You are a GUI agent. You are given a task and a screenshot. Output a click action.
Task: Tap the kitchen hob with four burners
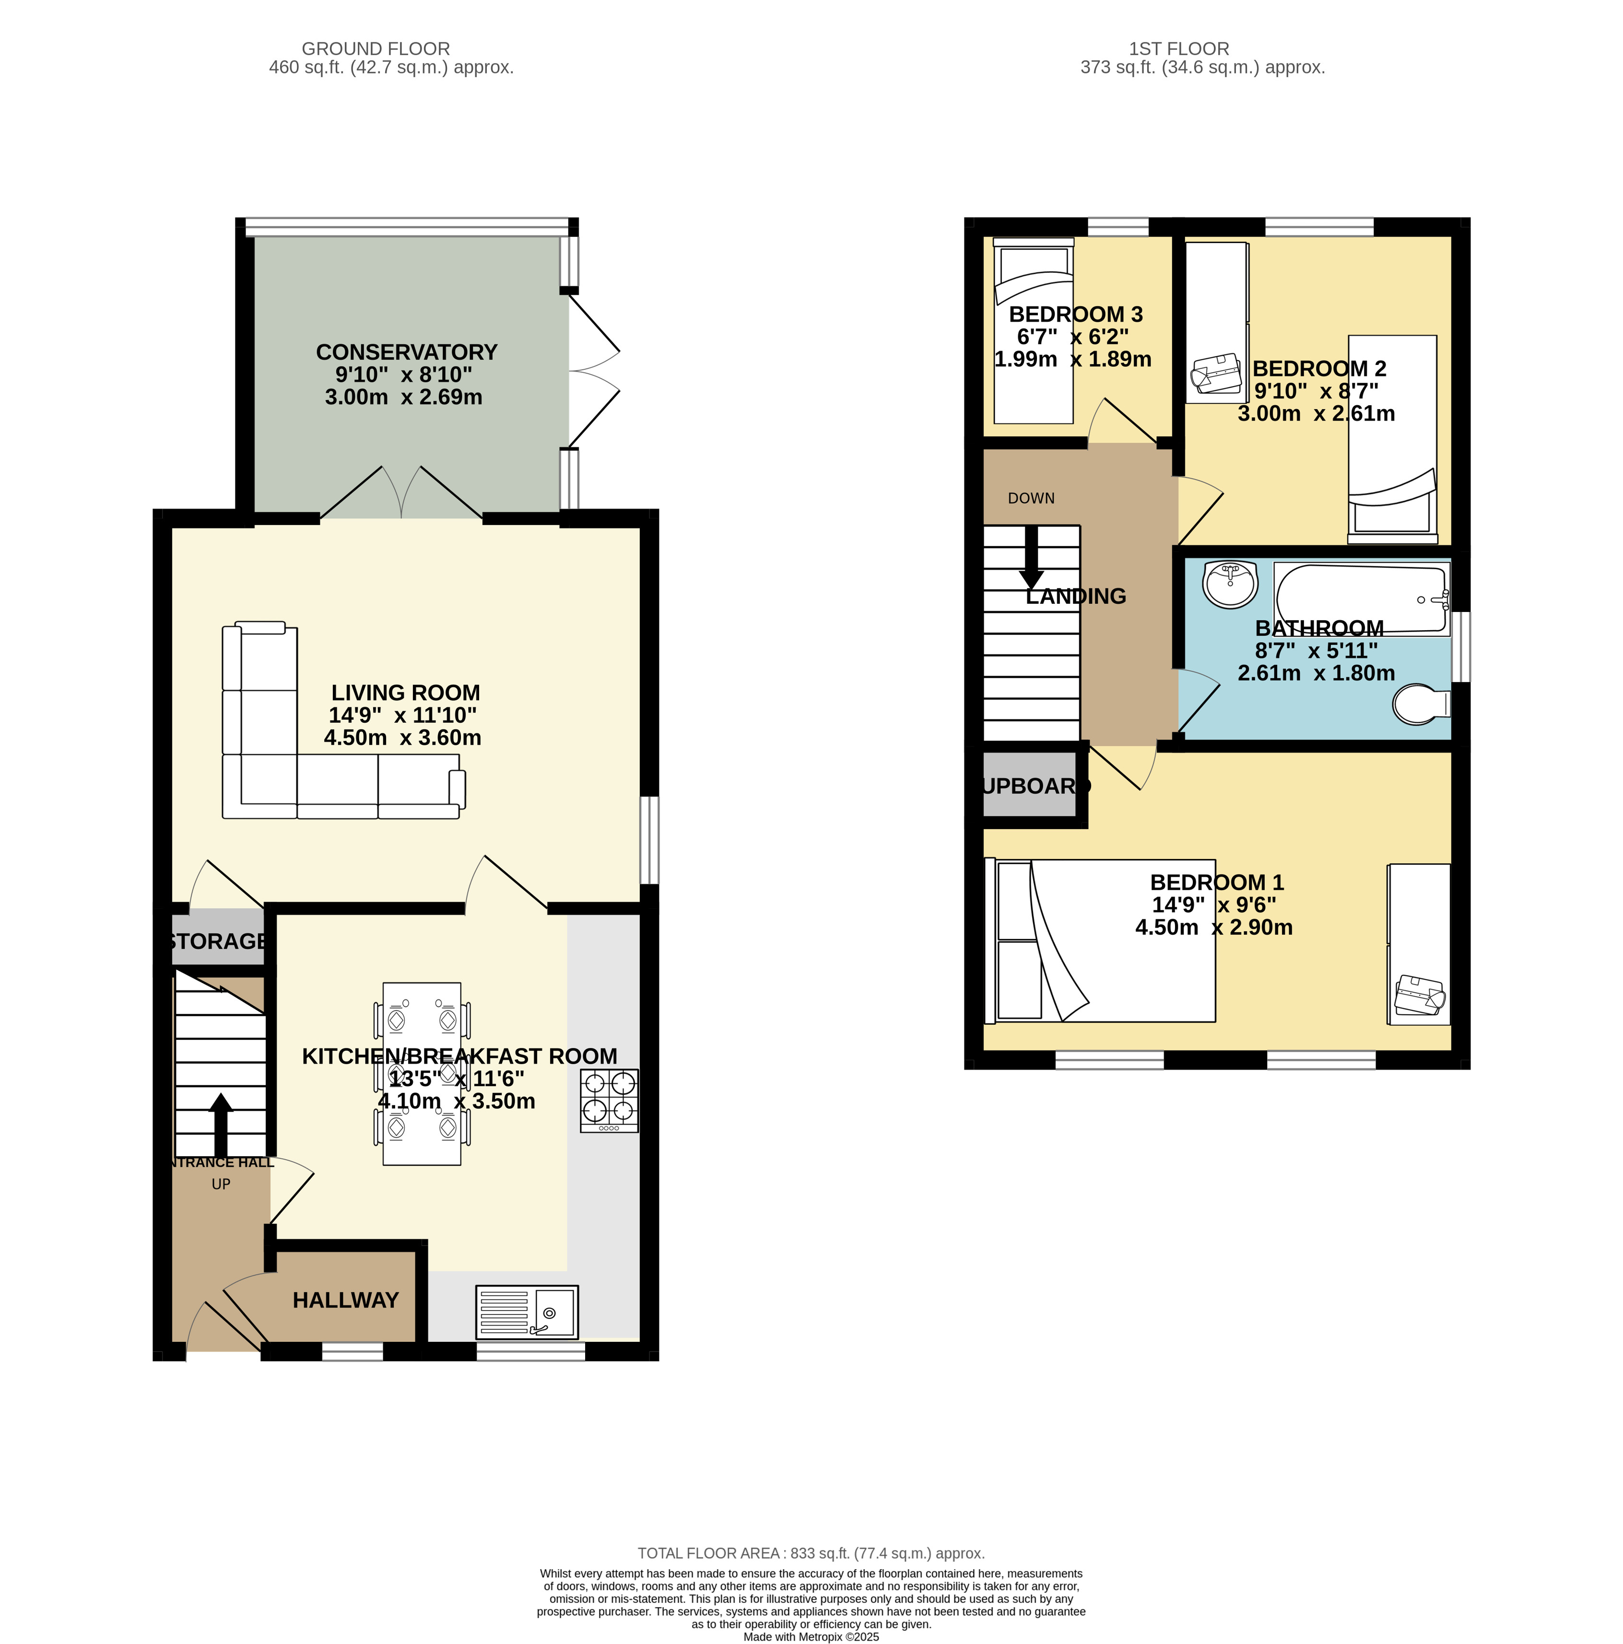[x=609, y=1099]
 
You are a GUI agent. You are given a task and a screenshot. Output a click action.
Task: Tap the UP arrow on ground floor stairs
[x=221, y=1123]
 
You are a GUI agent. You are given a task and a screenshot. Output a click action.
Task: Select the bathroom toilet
[x=1420, y=704]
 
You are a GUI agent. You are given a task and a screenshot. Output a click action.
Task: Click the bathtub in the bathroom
[x=1360, y=598]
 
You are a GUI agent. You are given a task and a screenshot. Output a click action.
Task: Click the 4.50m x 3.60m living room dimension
[x=402, y=738]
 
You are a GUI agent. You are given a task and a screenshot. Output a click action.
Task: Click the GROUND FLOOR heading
[x=376, y=48]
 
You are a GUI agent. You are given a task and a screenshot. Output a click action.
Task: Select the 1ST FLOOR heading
[x=1179, y=48]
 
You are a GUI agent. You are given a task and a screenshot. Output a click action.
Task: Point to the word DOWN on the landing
[x=1031, y=498]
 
